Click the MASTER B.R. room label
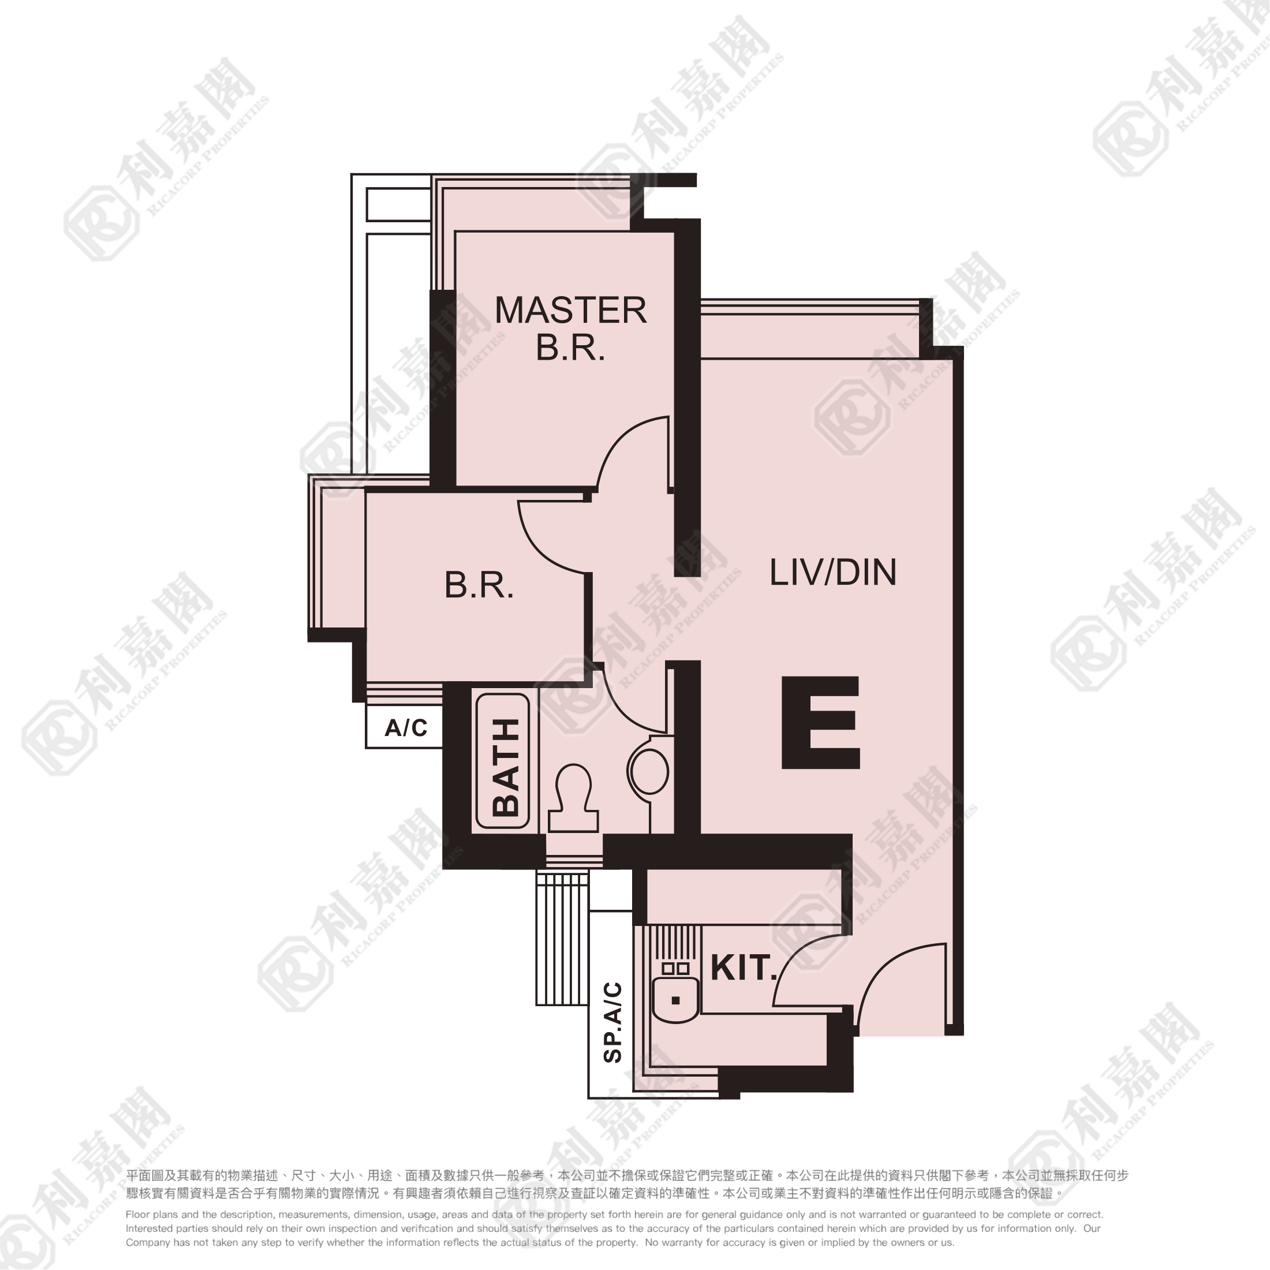click(x=570, y=328)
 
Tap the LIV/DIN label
click(x=833, y=573)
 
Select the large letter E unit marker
click(x=820, y=722)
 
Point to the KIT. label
click(x=744, y=968)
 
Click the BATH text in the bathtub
click(x=506, y=767)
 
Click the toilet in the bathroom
click(x=573, y=797)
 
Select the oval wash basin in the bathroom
click(x=648, y=772)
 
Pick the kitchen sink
click(x=676, y=1000)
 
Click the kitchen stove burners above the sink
click(x=676, y=968)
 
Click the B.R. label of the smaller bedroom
click(x=479, y=585)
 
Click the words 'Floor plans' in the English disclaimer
click(x=152, y=1215)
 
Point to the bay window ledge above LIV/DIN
click(x=810, y=331)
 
